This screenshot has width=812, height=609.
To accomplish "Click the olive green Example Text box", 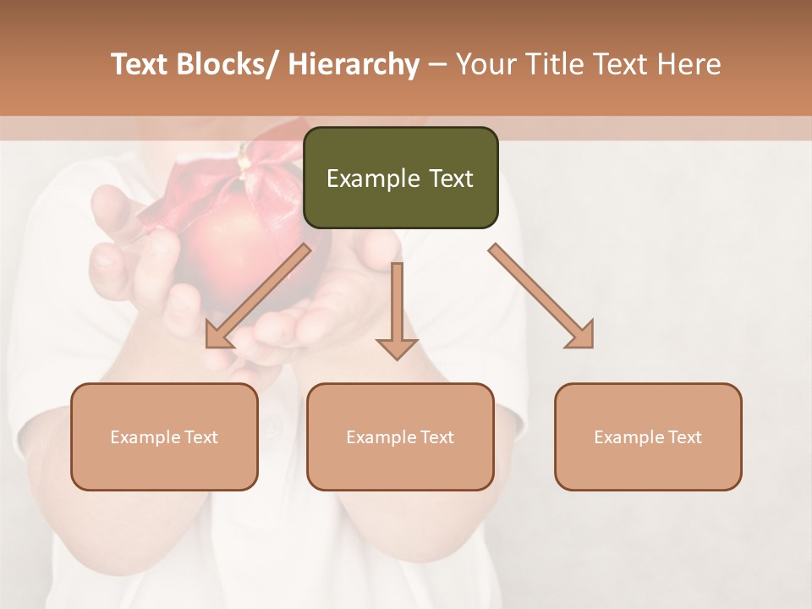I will (400, 178).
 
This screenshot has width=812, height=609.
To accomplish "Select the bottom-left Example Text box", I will (164, 436).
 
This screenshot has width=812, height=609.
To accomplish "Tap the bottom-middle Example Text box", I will (400, 436).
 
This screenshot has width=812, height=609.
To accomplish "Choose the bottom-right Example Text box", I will (648, 436).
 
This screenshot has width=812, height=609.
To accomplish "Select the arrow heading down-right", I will (541, 296).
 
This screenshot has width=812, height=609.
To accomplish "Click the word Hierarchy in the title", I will (354, 64).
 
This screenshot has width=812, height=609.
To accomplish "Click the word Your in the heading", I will (486, 64).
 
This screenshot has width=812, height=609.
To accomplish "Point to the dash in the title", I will (437, 64).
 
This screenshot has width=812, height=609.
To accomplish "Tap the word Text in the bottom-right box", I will (683, 436).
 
